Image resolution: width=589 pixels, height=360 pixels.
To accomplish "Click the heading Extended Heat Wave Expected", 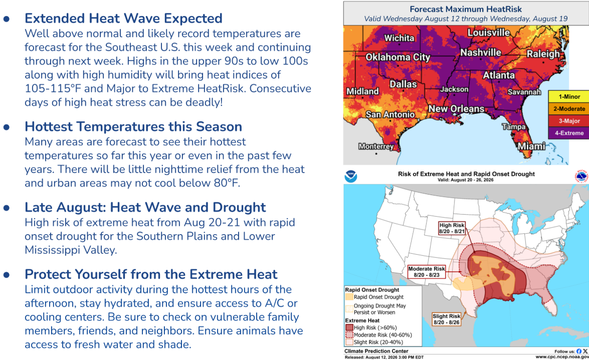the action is click(124, 19).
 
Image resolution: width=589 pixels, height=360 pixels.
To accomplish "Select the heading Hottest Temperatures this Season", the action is click(133, 127).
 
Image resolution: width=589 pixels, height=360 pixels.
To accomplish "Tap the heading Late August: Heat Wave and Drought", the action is click(145, 208).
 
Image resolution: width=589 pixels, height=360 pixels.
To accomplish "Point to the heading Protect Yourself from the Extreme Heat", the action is click(151, 274).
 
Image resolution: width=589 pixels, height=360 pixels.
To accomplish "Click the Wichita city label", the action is click(400, 38).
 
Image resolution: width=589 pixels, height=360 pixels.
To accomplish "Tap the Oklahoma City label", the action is click(398, 57).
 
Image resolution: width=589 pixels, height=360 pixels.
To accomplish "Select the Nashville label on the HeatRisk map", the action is click(481, 53).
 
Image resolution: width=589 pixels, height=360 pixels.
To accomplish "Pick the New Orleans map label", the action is click(456, 109).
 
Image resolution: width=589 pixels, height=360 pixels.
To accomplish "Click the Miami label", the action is click(531, 146).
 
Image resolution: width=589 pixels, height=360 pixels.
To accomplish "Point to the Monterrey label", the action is click(376, 146).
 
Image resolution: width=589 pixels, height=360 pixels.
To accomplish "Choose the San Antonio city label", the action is click(390, 114).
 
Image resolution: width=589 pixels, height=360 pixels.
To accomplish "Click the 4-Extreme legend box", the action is click(569, 133).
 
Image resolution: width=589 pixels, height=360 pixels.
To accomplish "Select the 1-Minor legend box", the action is click(569, 97).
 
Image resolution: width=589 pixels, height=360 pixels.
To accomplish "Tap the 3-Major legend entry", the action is click(569, 121).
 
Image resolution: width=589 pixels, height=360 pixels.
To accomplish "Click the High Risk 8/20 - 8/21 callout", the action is click(452, 228).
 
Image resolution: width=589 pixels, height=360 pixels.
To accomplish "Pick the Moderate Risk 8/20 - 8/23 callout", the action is click(427, 272).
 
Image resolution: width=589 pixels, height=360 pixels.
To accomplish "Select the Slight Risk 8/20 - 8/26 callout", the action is click(446, 319).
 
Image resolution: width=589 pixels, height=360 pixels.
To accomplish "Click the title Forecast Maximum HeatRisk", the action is click(466, 9).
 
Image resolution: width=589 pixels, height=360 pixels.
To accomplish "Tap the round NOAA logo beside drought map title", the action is click(351, 176).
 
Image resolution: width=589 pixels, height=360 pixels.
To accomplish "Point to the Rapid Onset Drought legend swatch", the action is click(349, 297).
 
